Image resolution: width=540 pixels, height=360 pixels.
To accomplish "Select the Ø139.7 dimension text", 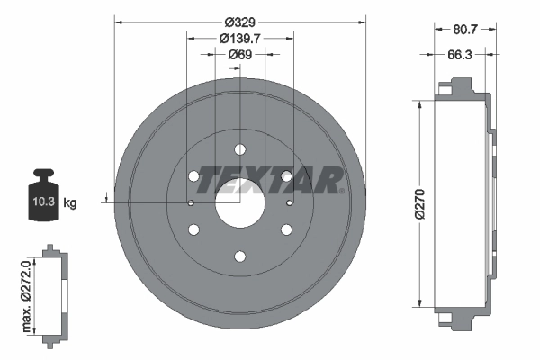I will [x=239, y=38].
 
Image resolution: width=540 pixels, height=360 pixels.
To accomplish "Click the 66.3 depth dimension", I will [x=460, y=55].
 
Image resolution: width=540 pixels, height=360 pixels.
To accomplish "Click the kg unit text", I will [x=70, y=203].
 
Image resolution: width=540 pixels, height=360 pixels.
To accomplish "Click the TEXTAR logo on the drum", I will [x=268, y=180].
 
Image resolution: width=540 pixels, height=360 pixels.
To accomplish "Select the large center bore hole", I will [x=239, y=203].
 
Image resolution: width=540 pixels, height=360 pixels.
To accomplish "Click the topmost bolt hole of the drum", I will [x=239, y=150].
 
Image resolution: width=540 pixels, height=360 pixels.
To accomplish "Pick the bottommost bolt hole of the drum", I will [x=239, y=256].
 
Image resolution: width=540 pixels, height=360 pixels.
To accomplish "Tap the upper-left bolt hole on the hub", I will [x=193, y=176].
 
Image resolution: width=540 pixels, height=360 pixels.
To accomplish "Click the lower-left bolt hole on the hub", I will [x=193, y=230].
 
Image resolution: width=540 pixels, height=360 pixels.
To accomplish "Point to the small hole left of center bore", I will [x=191, y=203].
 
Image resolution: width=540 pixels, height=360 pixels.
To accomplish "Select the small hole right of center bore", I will [x=288, y=203].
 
